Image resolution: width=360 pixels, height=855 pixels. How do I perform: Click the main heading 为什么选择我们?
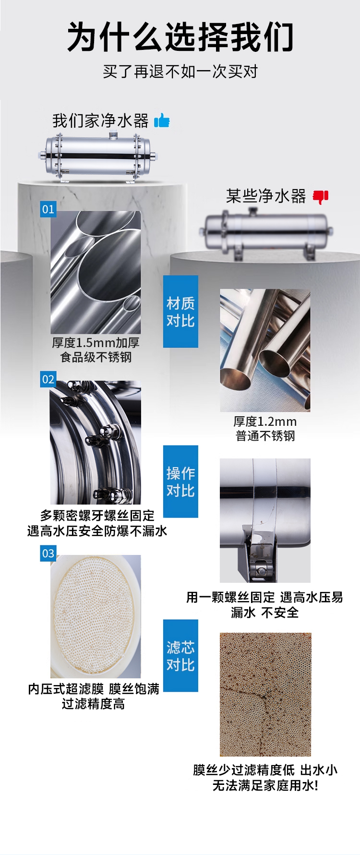point(180,36)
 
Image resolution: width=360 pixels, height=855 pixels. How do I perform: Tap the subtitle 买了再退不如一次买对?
point(180,72)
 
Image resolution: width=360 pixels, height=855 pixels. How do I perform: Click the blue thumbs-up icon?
point(162,120)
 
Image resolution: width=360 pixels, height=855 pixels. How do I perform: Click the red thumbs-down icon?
point(321,196)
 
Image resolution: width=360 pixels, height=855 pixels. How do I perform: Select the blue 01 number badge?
point(48,209)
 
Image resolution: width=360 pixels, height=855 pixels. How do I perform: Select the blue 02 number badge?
point(48,379)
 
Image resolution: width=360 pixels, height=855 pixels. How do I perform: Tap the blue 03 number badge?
point(48,553)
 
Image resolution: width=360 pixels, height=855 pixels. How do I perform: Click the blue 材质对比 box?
point(180,312)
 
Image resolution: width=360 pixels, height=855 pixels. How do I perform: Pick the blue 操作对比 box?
point(180,482)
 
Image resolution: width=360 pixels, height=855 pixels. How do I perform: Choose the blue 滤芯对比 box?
point(180,656)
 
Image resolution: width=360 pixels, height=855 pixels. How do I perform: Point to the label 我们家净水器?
point(100,120)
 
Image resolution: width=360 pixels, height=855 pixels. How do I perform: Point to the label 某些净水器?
point(266,196)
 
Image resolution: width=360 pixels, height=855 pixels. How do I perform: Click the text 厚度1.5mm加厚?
point(96,343)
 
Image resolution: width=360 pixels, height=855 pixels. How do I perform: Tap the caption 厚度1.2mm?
point(265,421)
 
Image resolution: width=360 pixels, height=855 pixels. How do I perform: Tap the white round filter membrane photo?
point(96,616)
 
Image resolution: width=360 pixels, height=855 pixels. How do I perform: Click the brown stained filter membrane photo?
point(265,695)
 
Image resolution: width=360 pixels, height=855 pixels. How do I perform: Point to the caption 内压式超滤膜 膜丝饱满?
point(94,689)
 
